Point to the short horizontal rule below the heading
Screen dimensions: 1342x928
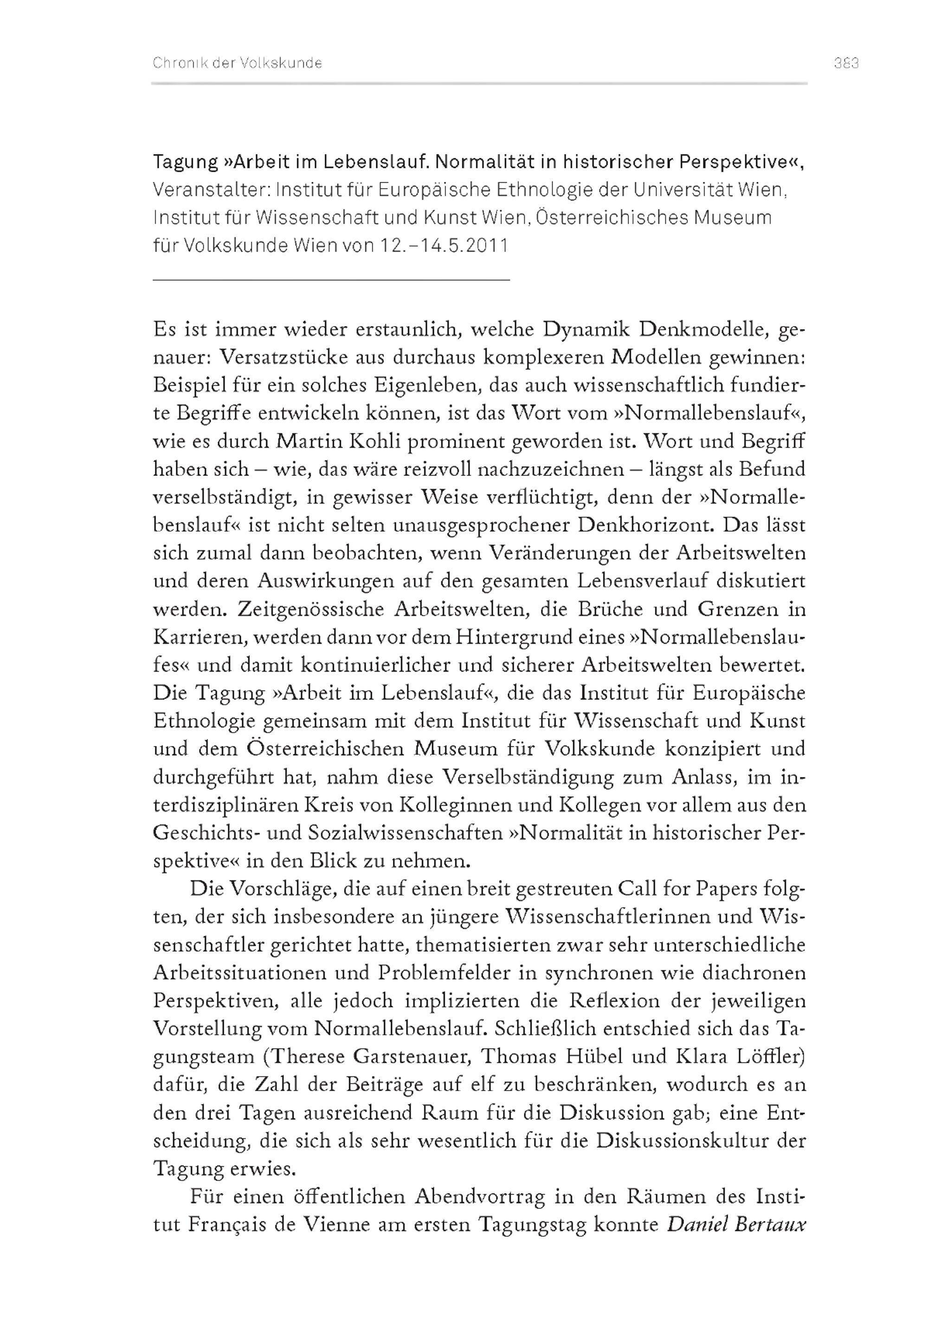pyautogui.click(x=331, y=280)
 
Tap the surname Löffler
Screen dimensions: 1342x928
pyautogui.click(x=767, y=1056)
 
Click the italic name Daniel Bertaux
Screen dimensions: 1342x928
pyautogui.click(x=735, y=1225)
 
